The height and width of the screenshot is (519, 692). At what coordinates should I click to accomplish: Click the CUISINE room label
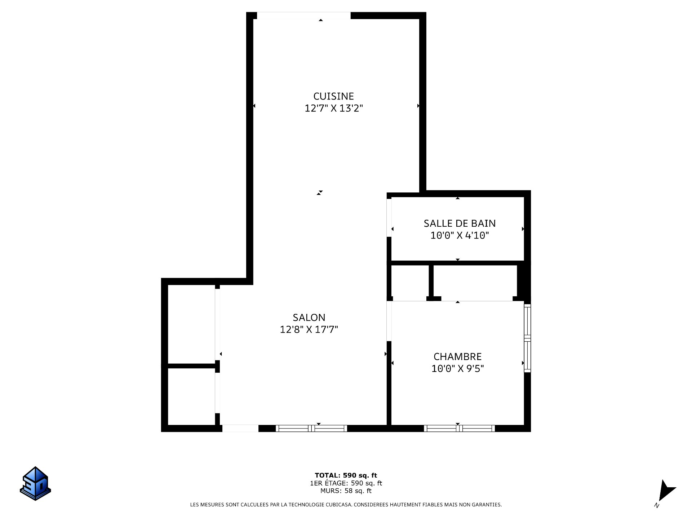click(333, 96)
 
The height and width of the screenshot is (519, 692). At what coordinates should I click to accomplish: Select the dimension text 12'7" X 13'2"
click(333, 108)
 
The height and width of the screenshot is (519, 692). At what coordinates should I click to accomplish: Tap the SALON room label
click(309, 318)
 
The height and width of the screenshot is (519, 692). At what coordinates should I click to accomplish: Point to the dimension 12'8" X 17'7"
click(309, 329)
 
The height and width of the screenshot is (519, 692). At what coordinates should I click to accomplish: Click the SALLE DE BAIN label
click(460, 223)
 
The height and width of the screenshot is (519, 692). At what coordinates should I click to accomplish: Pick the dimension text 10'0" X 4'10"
click(460, 236)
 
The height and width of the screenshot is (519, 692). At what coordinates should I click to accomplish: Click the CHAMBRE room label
click(457, 357)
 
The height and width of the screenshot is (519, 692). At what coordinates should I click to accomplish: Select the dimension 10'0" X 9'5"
click(457, 369)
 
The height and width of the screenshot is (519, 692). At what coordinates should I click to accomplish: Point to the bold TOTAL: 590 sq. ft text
click(346, 475)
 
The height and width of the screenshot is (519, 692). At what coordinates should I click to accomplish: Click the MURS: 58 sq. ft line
click(346, 491)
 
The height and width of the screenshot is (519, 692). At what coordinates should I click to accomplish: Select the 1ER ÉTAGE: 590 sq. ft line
click(346, 483)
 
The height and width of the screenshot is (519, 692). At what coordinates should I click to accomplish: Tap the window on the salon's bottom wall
click(311, 428)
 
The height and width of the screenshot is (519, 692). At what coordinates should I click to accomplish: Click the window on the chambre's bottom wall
click(459, 428)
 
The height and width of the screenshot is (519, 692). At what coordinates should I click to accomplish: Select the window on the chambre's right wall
click(527, 338)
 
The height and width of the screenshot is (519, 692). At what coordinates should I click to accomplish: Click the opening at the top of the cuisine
click(303, 15)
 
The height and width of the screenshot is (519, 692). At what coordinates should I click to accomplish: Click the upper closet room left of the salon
click(191, 324)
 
